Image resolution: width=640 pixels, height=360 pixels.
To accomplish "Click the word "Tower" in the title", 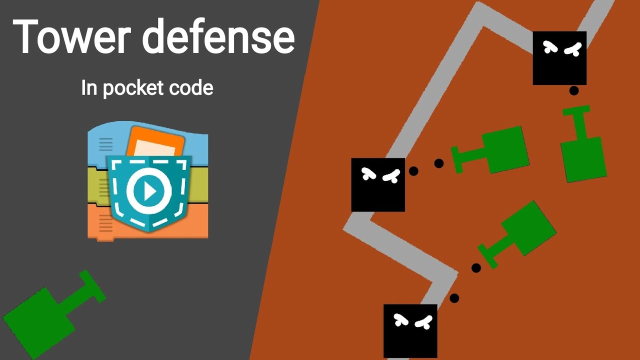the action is [70, 37].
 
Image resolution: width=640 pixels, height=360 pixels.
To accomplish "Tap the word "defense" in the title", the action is [219, 37].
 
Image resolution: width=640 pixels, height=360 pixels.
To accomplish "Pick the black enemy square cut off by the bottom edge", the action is [410, 330].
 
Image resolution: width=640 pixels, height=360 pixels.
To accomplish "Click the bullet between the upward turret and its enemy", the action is [574, 90].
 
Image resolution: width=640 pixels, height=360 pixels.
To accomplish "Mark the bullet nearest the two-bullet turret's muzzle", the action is [439, 163].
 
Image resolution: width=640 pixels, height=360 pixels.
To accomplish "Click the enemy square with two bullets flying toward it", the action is [378, 184].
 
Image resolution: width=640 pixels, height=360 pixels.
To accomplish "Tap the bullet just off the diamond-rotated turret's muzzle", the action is [476, 268].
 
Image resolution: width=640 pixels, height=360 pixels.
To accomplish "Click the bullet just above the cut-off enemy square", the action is [454, 298].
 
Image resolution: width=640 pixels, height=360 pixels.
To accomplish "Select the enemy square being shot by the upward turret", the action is [559, 58].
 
